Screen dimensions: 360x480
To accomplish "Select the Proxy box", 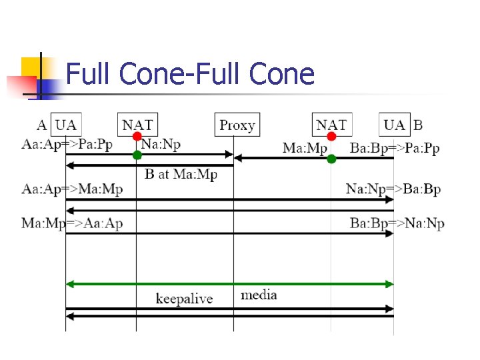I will [x=237, y=125].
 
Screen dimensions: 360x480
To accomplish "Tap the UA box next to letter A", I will [x=65, y=125].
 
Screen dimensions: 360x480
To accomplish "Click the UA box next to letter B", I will [x=395, y=125].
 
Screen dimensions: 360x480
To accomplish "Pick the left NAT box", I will [x=137, y=125].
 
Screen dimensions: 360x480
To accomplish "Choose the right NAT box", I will [x=331, y=125].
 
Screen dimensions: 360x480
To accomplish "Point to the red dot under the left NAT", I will [x=137, y=137].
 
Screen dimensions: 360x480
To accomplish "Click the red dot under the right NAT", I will [x=331, y=137].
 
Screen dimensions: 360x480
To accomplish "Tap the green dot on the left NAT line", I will [x=137, y=155].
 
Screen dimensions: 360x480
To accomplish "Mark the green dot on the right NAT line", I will [x=331, y=159].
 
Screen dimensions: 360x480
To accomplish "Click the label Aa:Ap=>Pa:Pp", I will [x=67, y=144].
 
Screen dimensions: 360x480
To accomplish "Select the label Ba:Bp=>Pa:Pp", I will [x=395, y=148].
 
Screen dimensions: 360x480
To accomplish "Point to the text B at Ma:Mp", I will [x=181, y=175].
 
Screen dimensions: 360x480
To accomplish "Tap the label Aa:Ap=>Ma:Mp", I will [x=72, y=189].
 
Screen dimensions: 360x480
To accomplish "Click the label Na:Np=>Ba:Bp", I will [x=393, y=189].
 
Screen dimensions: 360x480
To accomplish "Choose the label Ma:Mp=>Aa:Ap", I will [x=72, y=223].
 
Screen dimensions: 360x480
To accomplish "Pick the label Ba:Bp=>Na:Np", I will [x=397, y=223].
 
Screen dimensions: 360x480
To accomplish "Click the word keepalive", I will [x=184, y=298].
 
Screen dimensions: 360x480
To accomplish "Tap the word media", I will [x=259, y=295].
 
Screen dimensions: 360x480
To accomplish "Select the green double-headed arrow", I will [x=229, y=284].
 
